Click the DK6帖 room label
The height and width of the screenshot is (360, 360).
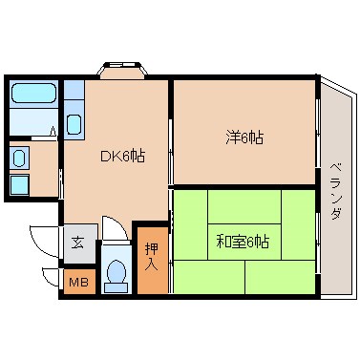click(123, 156)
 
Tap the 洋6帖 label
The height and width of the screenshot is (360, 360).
click(245, 138)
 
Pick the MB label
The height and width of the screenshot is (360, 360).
click(77, 282)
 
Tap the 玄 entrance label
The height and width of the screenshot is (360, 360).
click(75, 242)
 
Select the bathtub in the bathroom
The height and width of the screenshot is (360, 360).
click(34, 95)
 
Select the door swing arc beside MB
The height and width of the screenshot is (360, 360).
click(52, 278)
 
